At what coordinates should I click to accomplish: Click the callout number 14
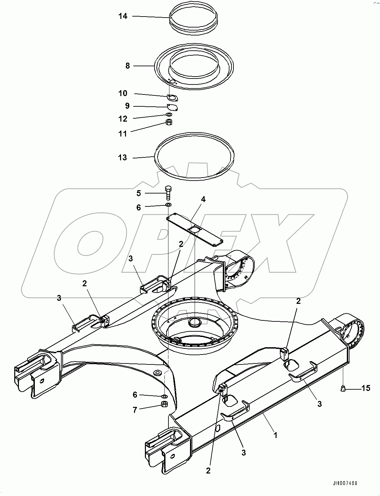pyautogui.click(x=123, y=16)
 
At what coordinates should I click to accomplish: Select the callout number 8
pyautogui.click(x=128, y=66)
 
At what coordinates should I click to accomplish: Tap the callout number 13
pyautogui.click(x=123, y=157)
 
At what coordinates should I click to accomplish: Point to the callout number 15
pyautogui.click(x=366, y=388)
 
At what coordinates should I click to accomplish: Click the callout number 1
pyautogui.click(x=275, y=434)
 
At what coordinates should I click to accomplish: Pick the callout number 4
pyautogui.click(x=203, y=199)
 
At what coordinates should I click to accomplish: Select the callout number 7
pyautogui.click(x=135, y=410)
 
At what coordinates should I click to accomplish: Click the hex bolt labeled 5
pyautogui.click(x=168, y=193)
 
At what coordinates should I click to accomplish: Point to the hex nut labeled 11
pyautogui.click(x=169, y=122)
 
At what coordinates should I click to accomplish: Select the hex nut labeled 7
pyautogui.click(x=164, y=404)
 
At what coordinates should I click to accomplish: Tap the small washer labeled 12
pyautogui.click(x=169, y=115)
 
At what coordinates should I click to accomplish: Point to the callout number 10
pyautogui.click(x=123, y=93)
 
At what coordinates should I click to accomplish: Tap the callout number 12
pyautogui.click(x=123, y=118)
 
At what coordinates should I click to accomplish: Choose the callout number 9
pyautogui.click(x=127, y=106)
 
